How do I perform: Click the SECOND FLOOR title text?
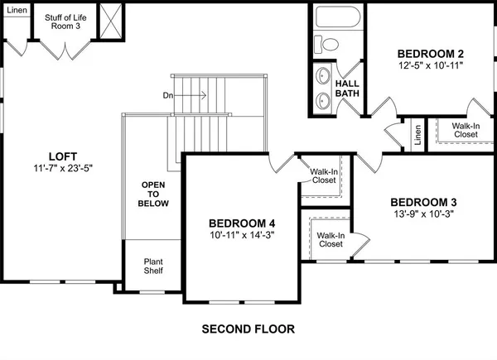click(248, 329)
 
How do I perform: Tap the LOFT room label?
click(58, 155)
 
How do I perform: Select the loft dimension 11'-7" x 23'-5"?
click(58, 167)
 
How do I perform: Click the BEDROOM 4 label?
click(241, 223)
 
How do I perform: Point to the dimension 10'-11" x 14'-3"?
click(241, 236)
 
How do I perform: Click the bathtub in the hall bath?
click(337, 19)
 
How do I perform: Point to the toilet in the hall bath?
click(330, 45)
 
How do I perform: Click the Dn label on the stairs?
click(168, 95)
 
